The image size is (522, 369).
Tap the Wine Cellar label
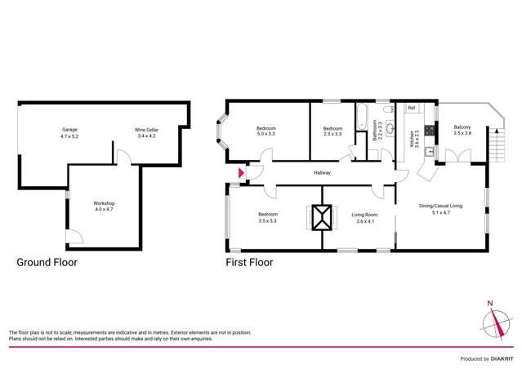(x=146, y=133)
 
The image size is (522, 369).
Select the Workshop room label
(x=102, y=207)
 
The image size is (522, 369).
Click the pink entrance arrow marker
(x=239, y=173)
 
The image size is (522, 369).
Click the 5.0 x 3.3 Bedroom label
(x=266, y=132)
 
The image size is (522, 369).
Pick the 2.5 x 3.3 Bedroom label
(x=332, y=132)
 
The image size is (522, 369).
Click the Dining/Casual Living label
(x=440, y=209)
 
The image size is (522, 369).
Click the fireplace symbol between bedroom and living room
(x=322, y=218)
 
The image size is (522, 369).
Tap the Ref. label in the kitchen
(x=413, y=109)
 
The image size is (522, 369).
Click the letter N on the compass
(x=490, y=305)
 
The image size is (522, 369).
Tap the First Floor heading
(x=249, y=263)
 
